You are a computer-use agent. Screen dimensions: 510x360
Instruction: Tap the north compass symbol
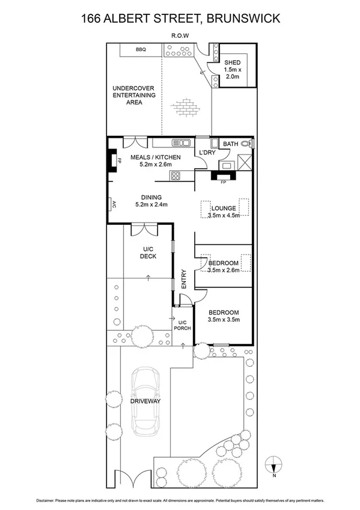[x=274, y=463]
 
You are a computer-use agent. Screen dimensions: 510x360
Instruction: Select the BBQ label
[x=141, y=50]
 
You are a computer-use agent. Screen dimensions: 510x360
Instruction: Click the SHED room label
[x=232, y=63]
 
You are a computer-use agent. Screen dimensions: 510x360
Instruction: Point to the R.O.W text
[x=180, y=35]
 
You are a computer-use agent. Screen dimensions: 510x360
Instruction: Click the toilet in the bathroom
[x=253, y=144]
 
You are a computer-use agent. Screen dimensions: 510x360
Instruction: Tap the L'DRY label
[x=208, y=153]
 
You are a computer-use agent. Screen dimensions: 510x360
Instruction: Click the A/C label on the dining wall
[x=113, y=204]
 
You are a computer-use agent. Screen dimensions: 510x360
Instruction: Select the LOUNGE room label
[x=223, y=208]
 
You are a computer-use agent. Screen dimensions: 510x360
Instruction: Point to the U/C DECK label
[x=149, y=253]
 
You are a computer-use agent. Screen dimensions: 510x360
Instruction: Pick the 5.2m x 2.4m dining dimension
[x=151, y=204]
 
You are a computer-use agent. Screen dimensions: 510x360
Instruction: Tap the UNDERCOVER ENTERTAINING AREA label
[x=134, y=95]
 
